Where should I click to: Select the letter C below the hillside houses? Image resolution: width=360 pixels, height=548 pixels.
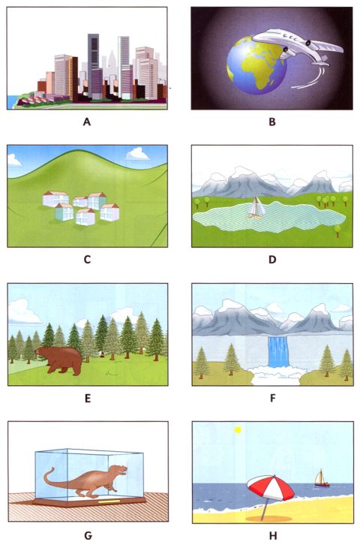[87, 260]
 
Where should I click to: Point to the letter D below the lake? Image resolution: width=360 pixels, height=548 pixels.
[271, 260]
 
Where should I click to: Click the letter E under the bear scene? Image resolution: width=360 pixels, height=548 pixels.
[87, 397]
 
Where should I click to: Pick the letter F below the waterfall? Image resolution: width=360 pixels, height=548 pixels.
[271, 397]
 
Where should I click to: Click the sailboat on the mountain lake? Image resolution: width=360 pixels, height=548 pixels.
[255, 206]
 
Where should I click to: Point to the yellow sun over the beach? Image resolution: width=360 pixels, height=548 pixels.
[238, 430]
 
